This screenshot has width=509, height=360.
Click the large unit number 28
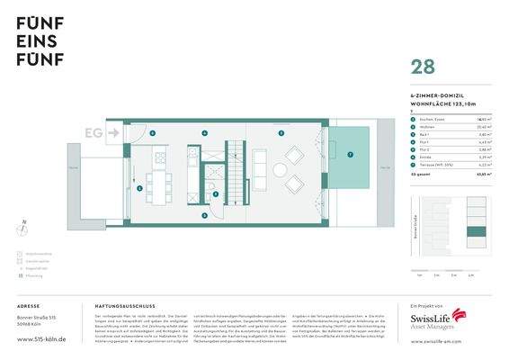pyautogui.click(x=424, y=67)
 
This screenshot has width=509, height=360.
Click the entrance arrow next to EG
pyautogui.click(x=112, y=133)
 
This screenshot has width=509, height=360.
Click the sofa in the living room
pyautogui.click(x=259, y=166)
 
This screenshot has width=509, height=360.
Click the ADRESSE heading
pyautogui.click(x=29, y=307)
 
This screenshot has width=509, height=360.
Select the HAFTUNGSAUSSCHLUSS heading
pyautogui.click(x=122, y=307)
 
